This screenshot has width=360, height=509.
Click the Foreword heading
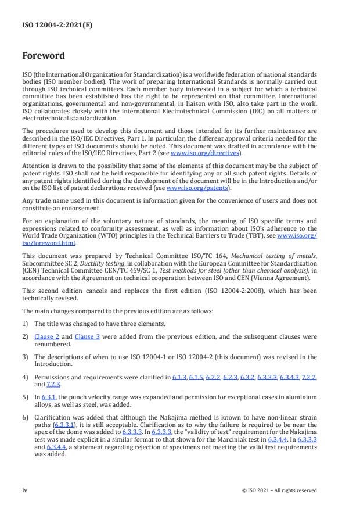(x=44, y=56)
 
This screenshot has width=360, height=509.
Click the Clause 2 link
(x=46, y=336)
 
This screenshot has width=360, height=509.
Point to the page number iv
(x=25, y=490)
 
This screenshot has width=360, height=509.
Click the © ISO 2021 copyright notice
(x=279, y=490)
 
